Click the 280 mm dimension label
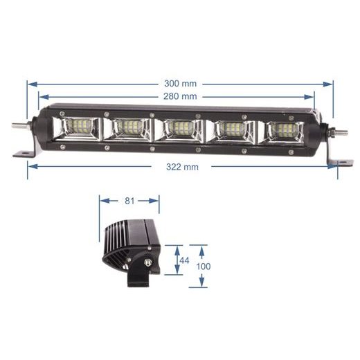coord(180,96)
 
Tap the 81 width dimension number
coord(128,201)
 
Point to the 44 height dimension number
coord(184,260)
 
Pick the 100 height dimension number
coord(204,266)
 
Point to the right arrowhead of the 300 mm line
coord(331,84)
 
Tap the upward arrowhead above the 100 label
coord(201,246)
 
